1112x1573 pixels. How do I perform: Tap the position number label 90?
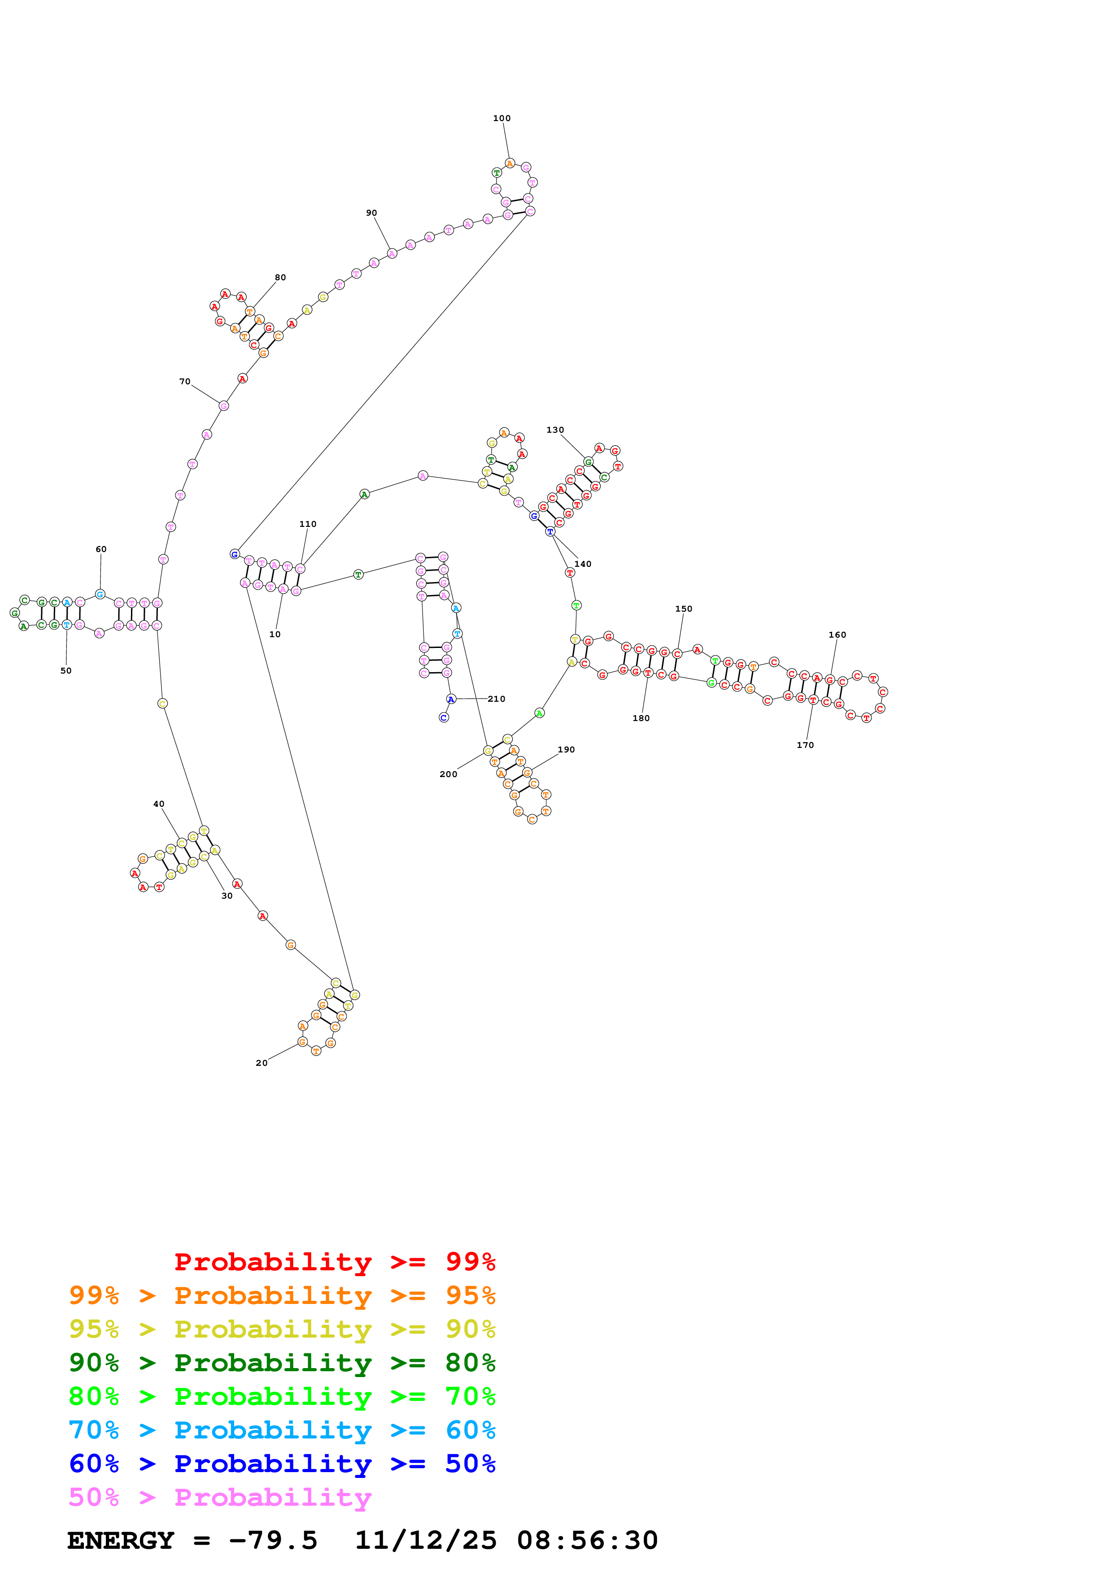click(x=371, y=213)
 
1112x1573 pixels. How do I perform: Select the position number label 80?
click(x=280, y=278)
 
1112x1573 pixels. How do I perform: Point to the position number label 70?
click(x=185, y=382)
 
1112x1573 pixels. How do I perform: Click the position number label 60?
click(x=101, y=549)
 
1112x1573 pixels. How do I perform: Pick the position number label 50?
click(x=66, y=671)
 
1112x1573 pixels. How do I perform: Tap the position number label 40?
click(x=159, y=804)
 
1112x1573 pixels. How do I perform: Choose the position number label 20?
click(x=262, y=1063)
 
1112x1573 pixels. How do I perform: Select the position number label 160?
click(x=837, y=635)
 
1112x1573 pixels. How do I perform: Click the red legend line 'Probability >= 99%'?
click(x=334, y=1262)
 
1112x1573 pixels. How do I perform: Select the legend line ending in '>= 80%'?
click(x=282, y=1363)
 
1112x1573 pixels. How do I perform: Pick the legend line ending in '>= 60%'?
click(x=282, y=1430)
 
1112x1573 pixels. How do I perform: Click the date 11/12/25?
click(x=426, y=1540)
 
